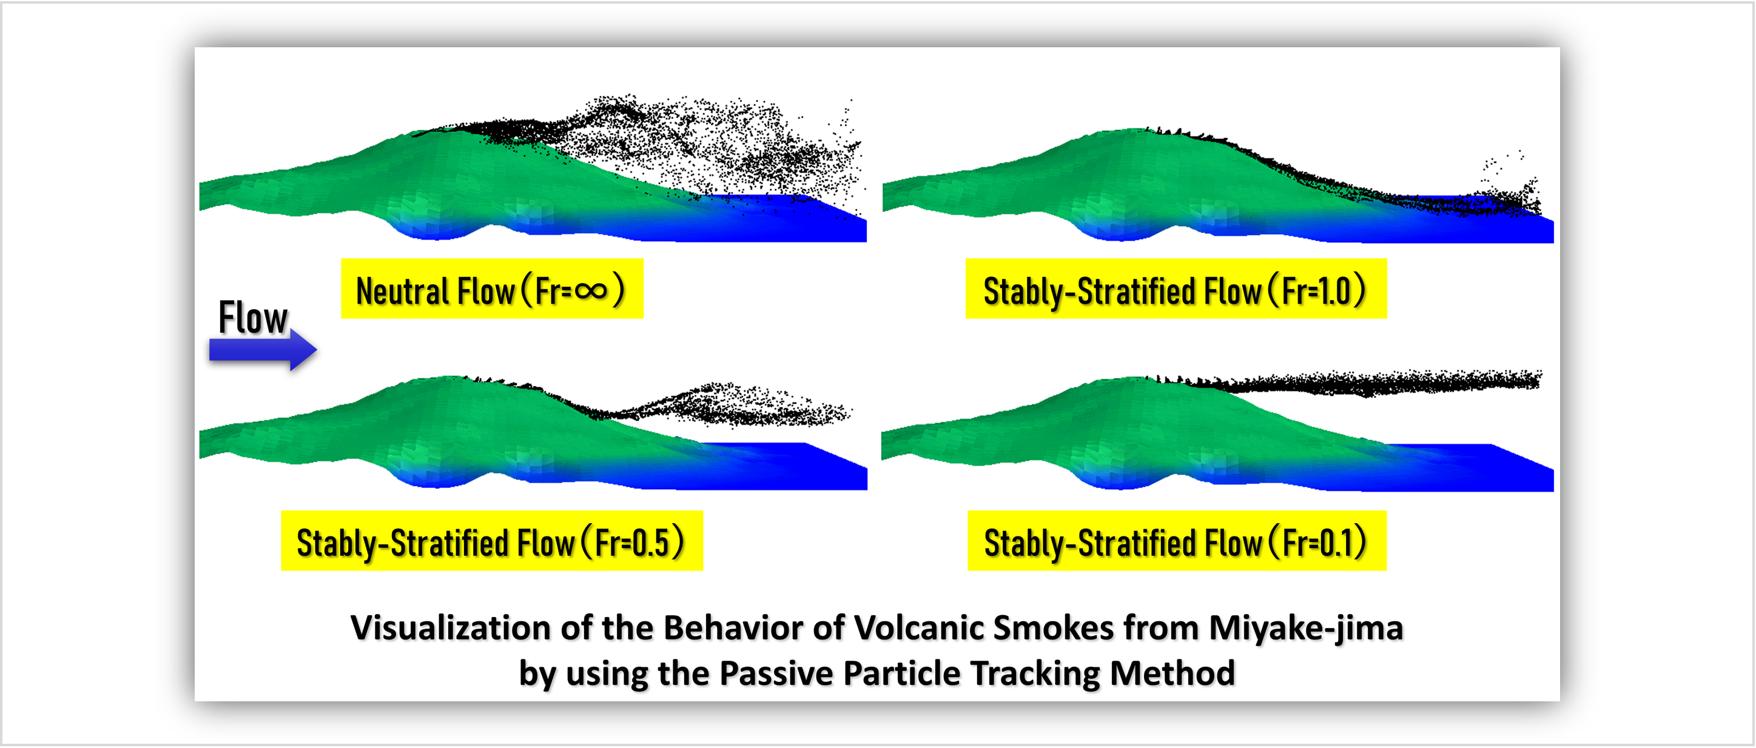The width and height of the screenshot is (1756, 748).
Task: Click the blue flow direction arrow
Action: click(x=263, y=350)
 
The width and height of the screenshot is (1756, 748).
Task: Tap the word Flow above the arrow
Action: click(x=253, y=318)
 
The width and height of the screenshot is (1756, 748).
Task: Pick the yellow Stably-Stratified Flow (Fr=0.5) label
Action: click(x=491, y=541)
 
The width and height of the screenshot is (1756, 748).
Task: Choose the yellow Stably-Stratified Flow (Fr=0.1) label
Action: click(x=1177, y=541)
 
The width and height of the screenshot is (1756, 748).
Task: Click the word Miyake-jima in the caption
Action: click(x=1306, y=628)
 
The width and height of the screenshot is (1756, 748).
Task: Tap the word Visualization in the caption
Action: click(x=451, y=628)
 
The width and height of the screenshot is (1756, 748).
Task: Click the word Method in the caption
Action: click(x=1172, y=673)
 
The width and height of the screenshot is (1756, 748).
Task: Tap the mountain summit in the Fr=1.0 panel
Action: click(x=1132, y=130)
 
